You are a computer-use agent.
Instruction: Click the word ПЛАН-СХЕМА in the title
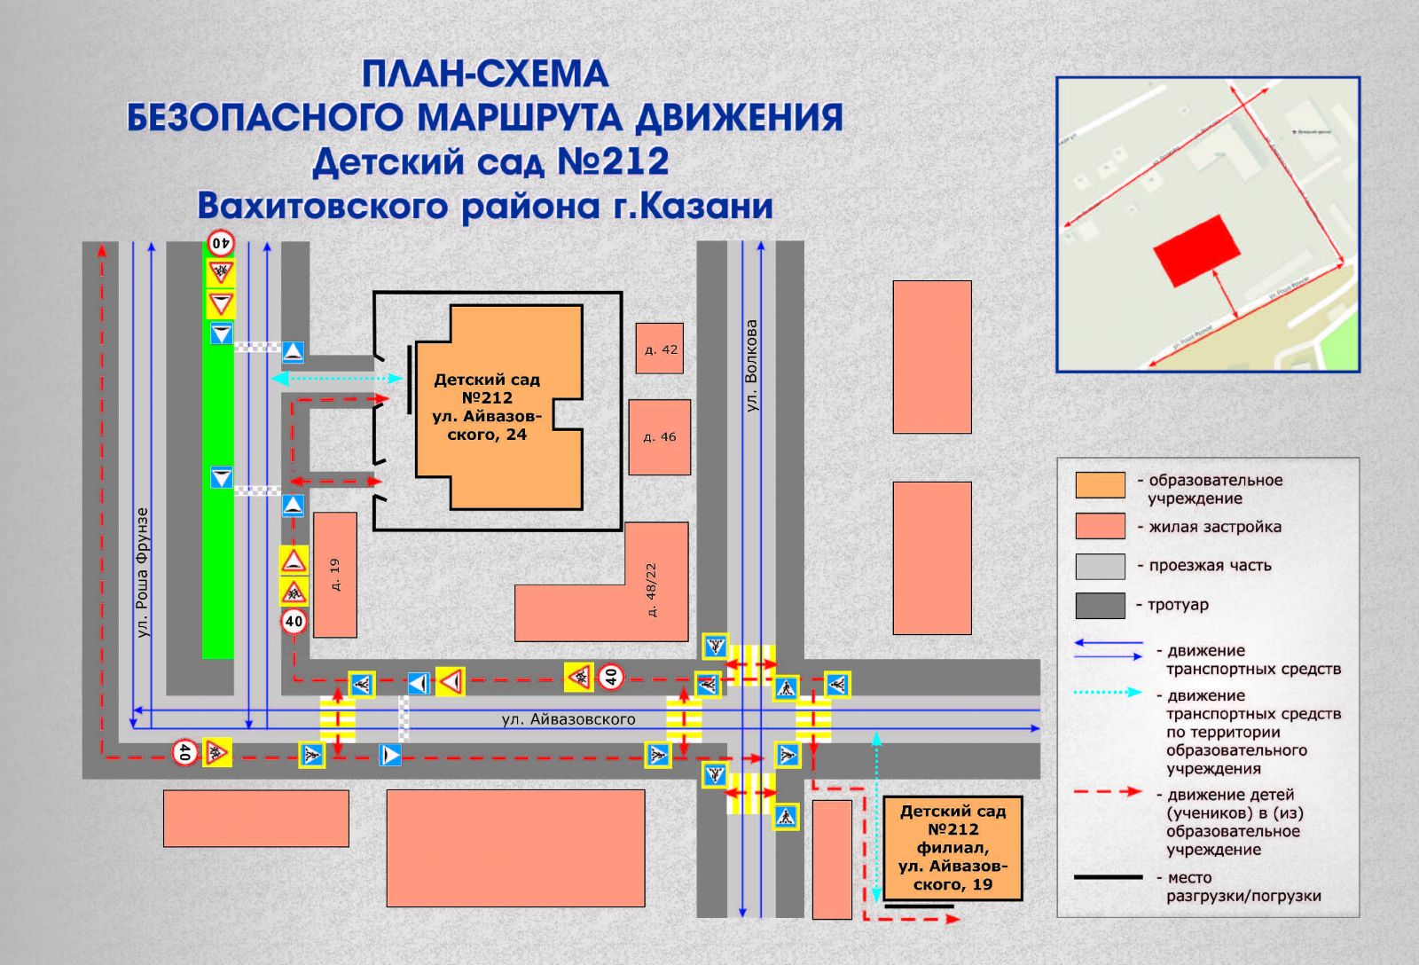485,75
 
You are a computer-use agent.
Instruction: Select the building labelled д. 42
660,349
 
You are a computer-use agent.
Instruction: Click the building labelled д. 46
659,436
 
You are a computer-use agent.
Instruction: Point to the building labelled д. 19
335,575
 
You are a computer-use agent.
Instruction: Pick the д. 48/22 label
653,590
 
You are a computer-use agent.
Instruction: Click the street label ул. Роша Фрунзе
143,572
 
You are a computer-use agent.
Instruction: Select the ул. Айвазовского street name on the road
568,719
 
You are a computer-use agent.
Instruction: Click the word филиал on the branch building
953,848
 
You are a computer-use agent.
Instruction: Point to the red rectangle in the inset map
1196,250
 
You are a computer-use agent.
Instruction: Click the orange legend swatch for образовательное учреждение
1100,485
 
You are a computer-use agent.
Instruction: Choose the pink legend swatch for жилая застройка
1100,526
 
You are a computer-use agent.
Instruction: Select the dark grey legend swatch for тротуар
1100,605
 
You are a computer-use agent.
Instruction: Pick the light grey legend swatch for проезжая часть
1100,566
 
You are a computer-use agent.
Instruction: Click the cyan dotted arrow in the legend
1108,692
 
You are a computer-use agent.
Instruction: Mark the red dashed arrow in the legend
1108,791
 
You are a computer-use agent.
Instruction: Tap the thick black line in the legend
1108,877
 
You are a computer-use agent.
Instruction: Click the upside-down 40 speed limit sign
221,242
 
